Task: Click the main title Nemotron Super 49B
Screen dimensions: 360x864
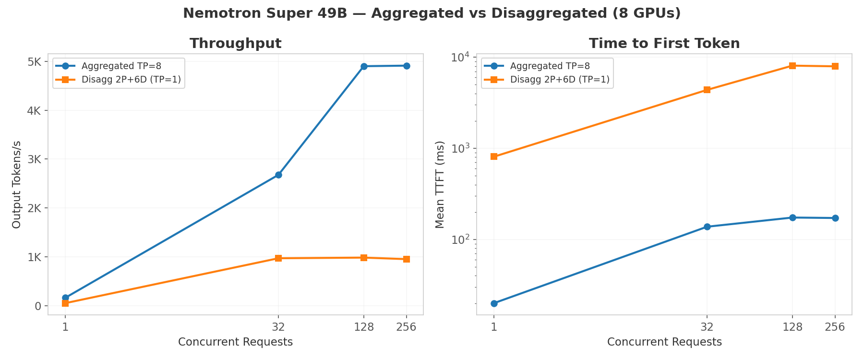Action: click(x=432, y=13)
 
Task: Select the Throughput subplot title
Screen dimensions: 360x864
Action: click(x=235, y=44)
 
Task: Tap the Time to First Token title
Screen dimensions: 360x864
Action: click(x=664, y=44)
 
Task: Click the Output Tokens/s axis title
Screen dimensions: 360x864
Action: click(x=17, y=184)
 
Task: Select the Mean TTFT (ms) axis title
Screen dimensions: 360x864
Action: click(x=440, y=184)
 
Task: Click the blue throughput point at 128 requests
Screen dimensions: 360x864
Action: click(x=364, y=66)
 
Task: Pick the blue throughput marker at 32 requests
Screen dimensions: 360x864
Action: click(x=278, y=175)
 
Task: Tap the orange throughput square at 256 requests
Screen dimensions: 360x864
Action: click(x=407, y=259)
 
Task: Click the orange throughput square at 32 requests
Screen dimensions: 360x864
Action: click(x=278, y=258)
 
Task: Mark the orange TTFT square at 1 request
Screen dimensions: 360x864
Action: click(x=494, y=156)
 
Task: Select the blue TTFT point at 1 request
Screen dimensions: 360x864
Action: click(x=494, y=303)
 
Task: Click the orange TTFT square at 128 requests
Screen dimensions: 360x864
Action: click(x=792, y=66)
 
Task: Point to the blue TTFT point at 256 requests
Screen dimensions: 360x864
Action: click(x=835, y=218)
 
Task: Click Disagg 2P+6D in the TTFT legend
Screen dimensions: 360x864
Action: click(x=560, y=80)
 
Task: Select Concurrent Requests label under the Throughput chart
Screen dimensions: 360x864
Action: click(x=235, y=342)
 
